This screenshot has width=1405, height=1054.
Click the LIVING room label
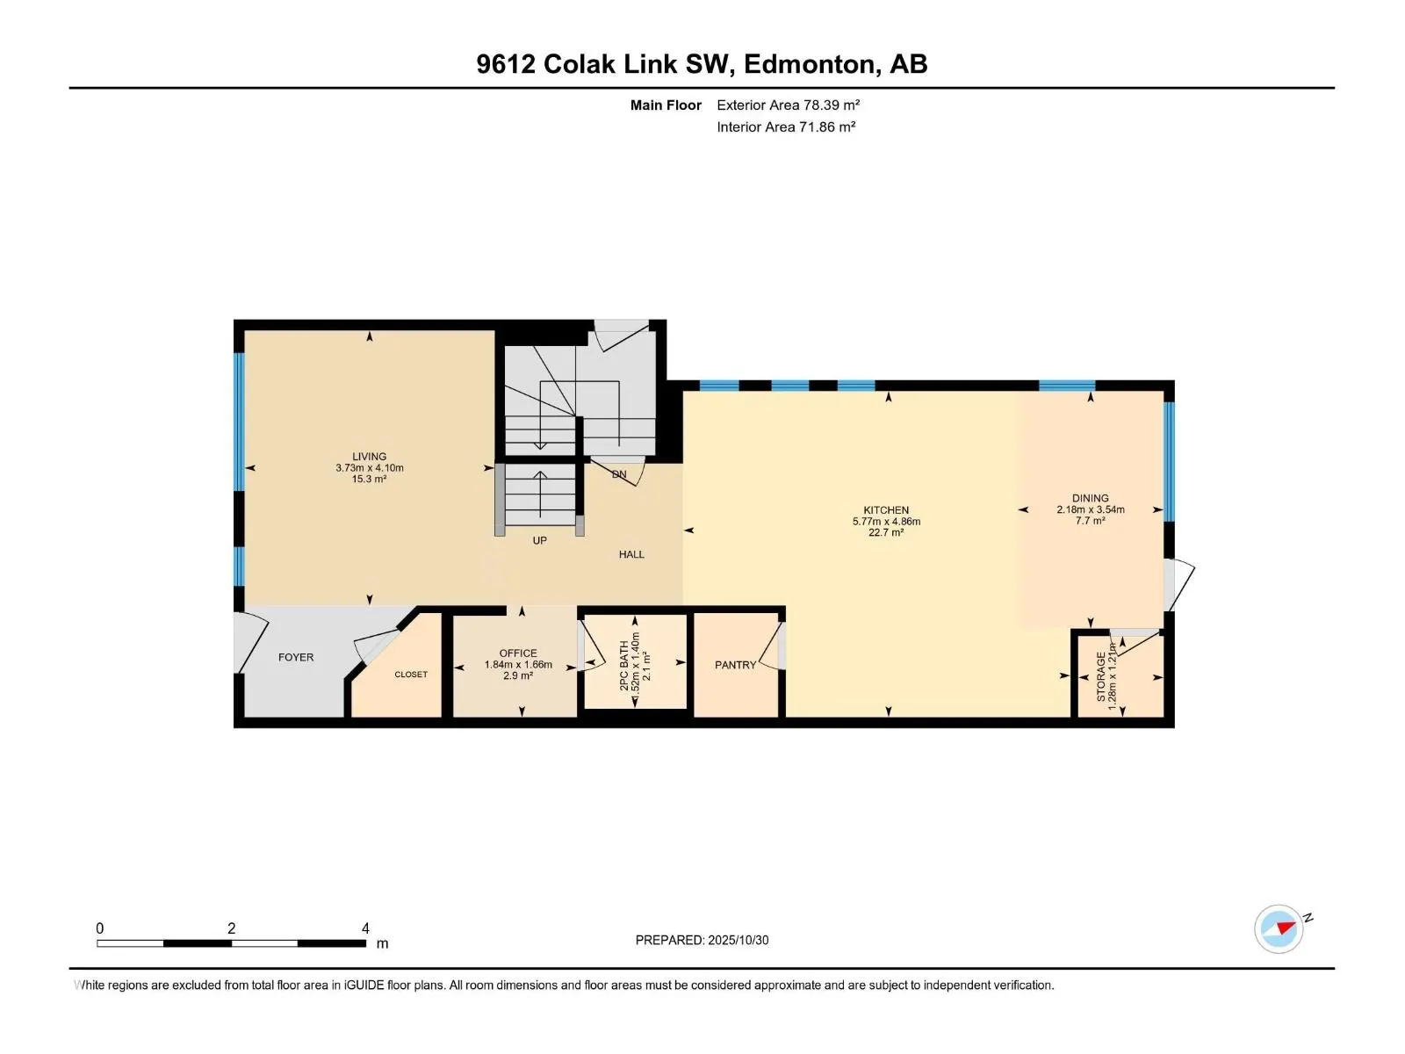coord(369,457)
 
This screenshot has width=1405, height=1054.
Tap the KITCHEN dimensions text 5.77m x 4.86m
coord(886,522)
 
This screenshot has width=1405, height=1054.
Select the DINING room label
coord(1090,498)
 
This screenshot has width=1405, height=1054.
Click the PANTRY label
coord(735,665)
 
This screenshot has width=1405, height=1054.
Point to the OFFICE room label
coord(518,653)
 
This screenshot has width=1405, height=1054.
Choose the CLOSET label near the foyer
coord(411,675)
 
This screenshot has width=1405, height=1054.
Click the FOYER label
coord(296,657)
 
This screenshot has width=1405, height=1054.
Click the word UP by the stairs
coord(539,541)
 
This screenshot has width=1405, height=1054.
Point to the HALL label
coord(631,554)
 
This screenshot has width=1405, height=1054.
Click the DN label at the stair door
coord(619,474)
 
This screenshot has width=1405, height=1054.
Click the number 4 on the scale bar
coord(365,928)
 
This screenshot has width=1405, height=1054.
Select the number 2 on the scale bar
coord(231,928)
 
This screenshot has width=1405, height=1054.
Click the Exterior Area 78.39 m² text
coord(788,105)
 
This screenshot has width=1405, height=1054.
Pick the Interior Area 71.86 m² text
coord(786,126)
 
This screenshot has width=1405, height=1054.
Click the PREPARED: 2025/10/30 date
coord(702,940)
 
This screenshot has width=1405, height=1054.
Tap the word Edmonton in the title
coord(809,64)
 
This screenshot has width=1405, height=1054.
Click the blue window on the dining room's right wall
coord(1169,461)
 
